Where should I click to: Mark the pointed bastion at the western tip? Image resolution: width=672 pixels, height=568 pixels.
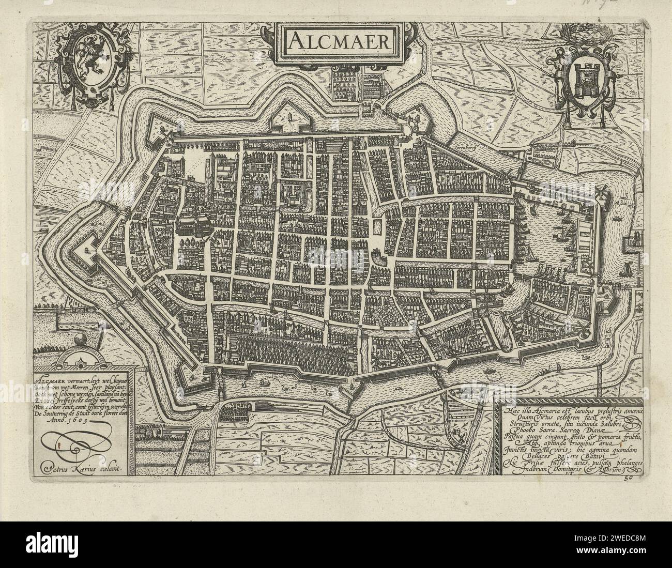point(83,253)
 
